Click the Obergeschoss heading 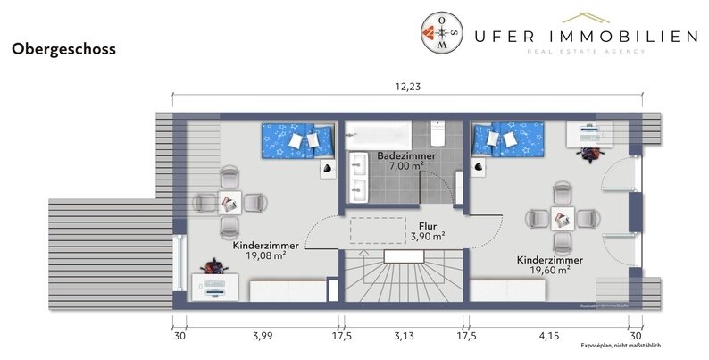pyautogui.click(x=63, y=51)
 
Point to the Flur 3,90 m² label pyautogui.click(x=428, y=231)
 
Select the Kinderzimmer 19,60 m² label pyautogui.click(x=549, y=264)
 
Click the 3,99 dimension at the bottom pyautogui.click(x=262, y=336)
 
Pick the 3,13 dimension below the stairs pyautogui.click(x=401, y=336)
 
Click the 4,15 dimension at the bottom pyautogui.click(x=548, y=336)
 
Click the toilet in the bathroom pyautogui.click(x=438, y=134)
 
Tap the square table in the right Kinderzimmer pyautogui.click(x=562, y=217)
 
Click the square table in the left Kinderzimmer pyautogui.click(x=229, y=203)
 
